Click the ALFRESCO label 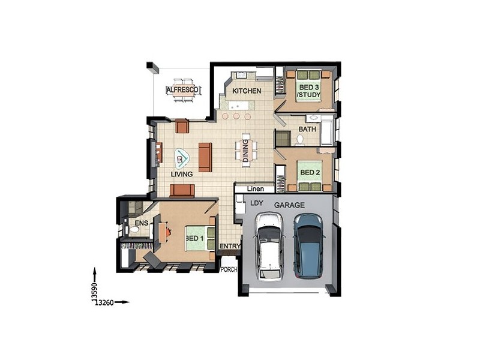point(182,90)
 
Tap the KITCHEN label point(247,91)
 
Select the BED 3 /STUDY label point(309,91)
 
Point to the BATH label point(307,129)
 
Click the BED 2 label point(310,172)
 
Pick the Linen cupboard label point(256,188)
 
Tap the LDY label point(257,203)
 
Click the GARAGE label point(289,205)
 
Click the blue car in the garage point(308,246)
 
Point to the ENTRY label point(230,247)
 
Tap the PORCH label point(229,269)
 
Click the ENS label point(142,223)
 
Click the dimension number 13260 point(104,303)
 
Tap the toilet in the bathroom point(299,140)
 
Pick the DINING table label point(245,151)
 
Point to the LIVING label point(182,174)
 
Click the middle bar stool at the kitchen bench point(236,116)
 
